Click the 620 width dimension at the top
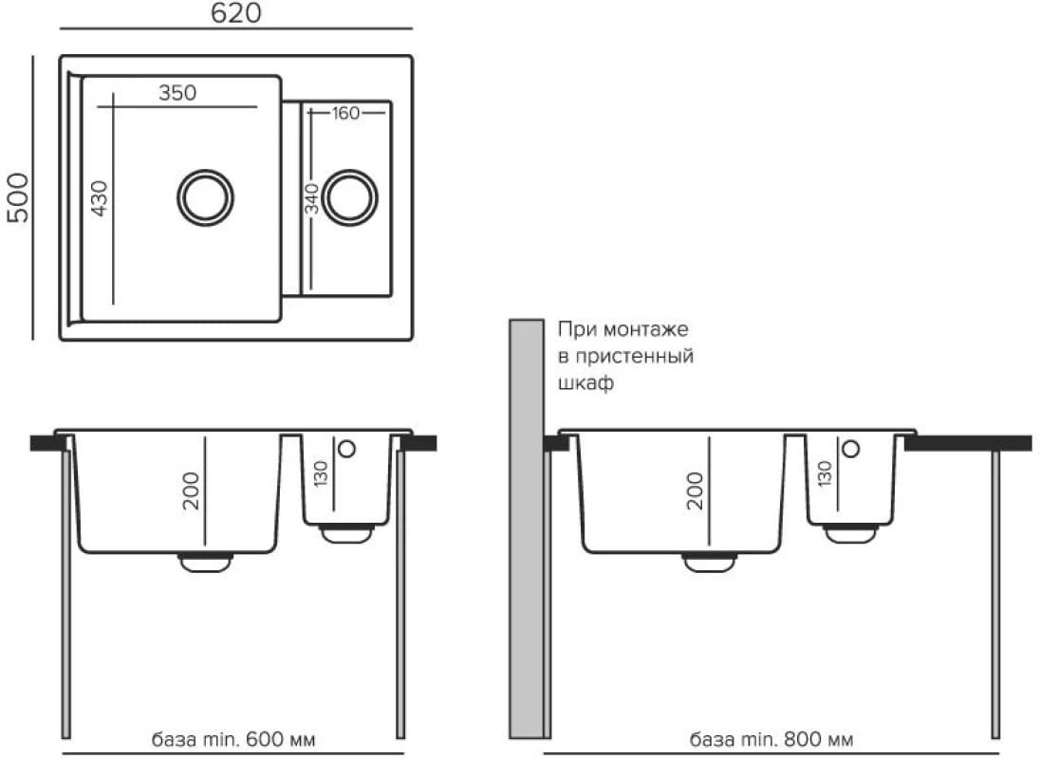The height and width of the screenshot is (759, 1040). tap(236, 12)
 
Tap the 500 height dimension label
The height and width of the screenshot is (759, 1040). tap(19, 197)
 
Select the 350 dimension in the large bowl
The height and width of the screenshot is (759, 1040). tap(177, 93)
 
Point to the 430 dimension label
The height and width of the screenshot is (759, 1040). tap(99, 198)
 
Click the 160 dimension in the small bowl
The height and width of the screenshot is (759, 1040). tap(345, 113)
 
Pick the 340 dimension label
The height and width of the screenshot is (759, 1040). tap(312, 199)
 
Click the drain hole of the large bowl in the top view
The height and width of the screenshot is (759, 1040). tap(205, 197)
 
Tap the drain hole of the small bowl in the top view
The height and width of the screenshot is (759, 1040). tap(349, 197)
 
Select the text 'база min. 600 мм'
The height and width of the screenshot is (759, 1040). tap(233, 738)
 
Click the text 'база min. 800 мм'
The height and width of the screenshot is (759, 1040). tap(771, 738)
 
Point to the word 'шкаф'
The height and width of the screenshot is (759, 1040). tap(585, 383)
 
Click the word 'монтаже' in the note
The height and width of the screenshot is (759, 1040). tap(646, 329)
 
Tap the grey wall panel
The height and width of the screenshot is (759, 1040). tap(527, 528)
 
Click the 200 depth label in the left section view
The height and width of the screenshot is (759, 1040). tap(191, 491)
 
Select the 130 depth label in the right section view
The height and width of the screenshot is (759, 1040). tap(825, 474)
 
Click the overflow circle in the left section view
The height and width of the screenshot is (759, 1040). tap(346, 449)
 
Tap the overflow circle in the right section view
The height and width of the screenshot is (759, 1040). tap(850, 449)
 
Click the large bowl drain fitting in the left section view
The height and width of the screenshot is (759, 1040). tap(206, 561)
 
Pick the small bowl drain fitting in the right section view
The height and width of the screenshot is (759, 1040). tap(850, 533)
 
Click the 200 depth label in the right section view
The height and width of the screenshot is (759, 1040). tap(696, 491)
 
